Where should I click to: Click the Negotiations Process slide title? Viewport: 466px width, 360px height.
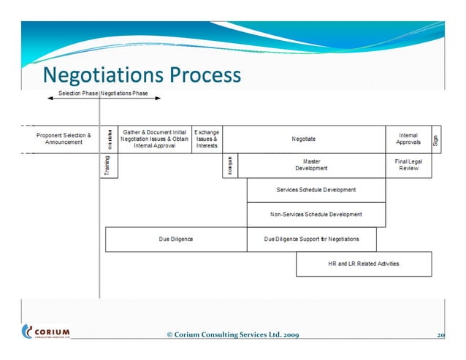pyautogui.click(x=141, y=75)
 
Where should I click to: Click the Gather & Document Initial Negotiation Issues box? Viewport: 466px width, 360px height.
pyautogui.click(x=154, y=139)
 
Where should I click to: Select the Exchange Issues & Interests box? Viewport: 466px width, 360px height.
pyautogui.click(x=207, y=139)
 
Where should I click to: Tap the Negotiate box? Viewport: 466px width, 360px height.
pyautogui.click(x=304, y=139)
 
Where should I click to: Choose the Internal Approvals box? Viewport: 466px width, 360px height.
pyautogui.click(x=408, y=139)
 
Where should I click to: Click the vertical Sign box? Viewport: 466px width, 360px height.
pyautogui.click(x=436, y=139)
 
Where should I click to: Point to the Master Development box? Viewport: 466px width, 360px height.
pyautogui.click(x=312, y=165)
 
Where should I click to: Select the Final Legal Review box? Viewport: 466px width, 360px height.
pyautogui.click(x=408, y=165)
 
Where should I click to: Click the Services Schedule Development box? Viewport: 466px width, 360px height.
pyautogui.click(x=316, y=190)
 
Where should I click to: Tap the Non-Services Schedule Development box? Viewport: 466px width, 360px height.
pyautogui.click(x=316, y=215)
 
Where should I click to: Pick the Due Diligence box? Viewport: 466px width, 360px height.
pyautogui.click(x=176, y=239)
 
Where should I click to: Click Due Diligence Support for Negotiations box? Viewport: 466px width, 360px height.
pyautogui.click(x=312, y=239)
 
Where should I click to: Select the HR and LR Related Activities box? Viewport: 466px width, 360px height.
pyautogui.click(x=364, y=264)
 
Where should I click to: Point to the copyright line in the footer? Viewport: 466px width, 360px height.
pyautogui.click(x=232, y=335)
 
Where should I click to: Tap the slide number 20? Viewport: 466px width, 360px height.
pyautogui.click(x=440, y=335)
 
